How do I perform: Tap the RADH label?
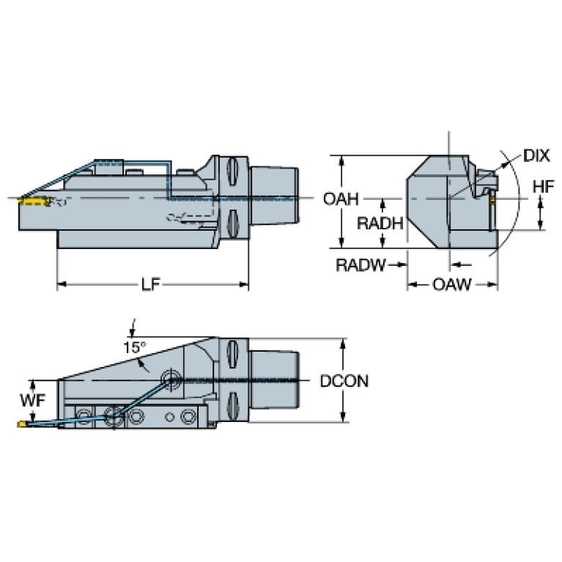click(x=379, y=224)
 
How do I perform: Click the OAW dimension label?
click(x=451, y=284)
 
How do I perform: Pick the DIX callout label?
click(x=536, y=155)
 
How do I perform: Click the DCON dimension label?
click(x=344, y=381)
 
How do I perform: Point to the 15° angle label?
click(x=134, y=347)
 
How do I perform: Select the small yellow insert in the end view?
click(x=494, y=199)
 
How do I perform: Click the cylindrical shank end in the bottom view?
click(x=276, y=380)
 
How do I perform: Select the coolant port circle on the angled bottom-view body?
click(x=172, y=380)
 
